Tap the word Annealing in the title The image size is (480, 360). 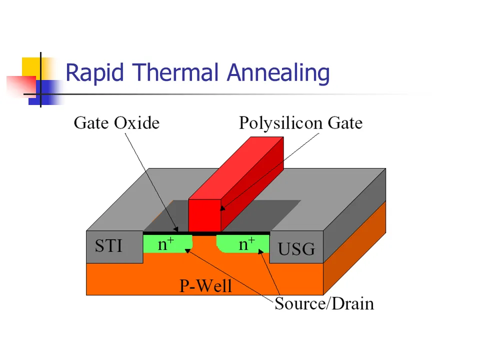tap(278, 73)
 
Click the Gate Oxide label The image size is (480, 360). tap(116, 122)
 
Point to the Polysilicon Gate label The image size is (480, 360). tap(300, 122)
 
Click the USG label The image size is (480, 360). tap(296, 248)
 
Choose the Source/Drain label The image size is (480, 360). tap(324, 303)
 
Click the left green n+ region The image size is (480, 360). tap(167, 244)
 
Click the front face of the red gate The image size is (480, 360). tap(204, 216)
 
